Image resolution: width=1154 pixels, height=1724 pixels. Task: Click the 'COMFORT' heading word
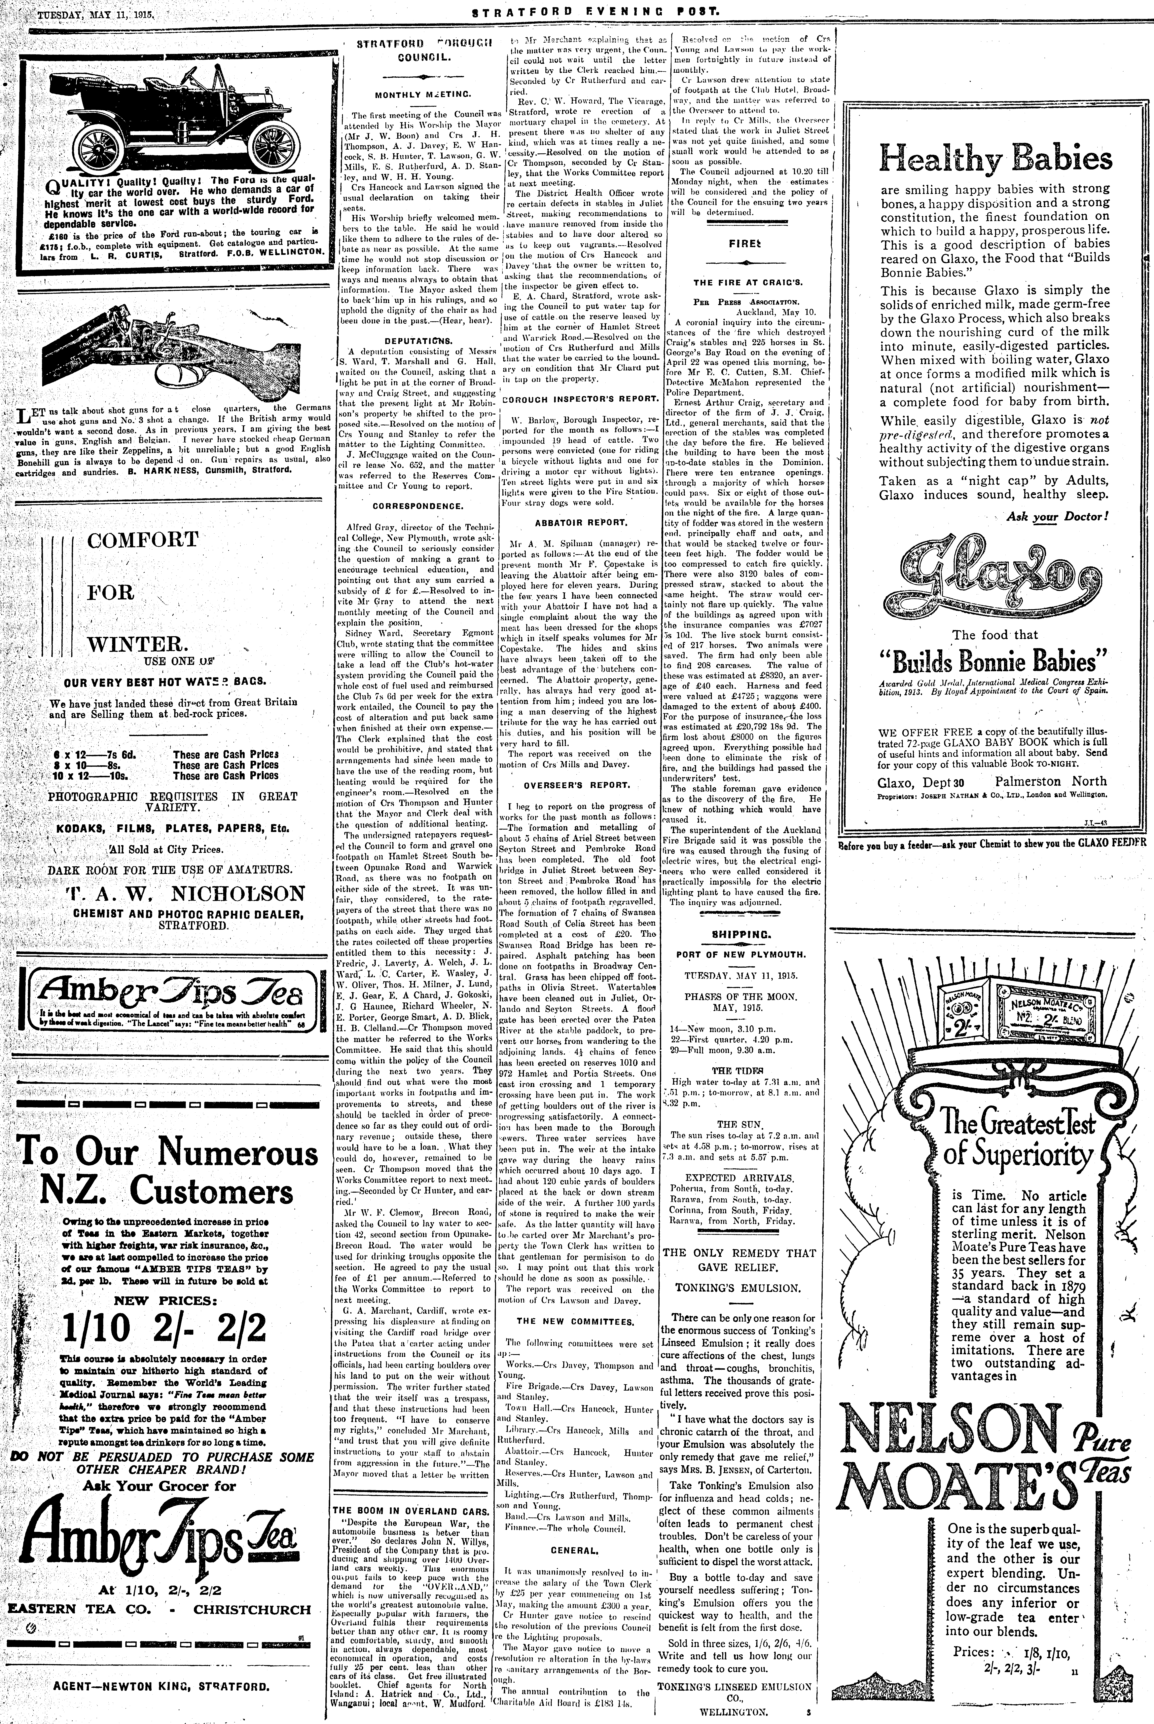[x=143, y=540]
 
